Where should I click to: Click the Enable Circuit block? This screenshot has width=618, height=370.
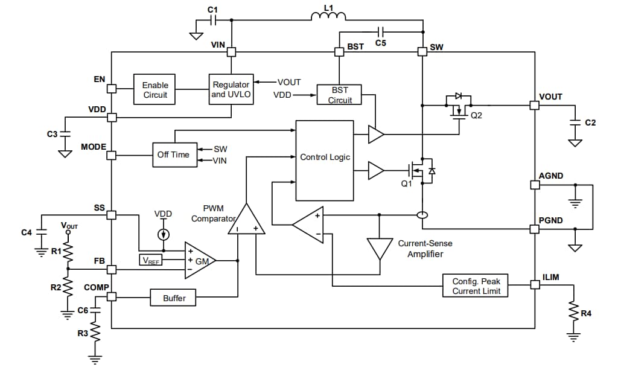[x=155, y=90]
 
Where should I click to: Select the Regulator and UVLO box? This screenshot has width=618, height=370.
[x=231, y=90]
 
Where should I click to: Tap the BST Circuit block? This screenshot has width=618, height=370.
[x=340, y=95]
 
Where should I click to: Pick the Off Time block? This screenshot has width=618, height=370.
[x=173, y=155]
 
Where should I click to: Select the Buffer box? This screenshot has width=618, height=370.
[x=174, y=298]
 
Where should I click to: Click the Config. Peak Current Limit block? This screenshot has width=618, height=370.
[x=476, y=286]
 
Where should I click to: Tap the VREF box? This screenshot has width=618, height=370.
[x=151, y=260]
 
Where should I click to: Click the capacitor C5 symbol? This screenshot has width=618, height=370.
[x=381, y=31]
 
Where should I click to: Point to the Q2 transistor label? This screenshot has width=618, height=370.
[x=476, y=116]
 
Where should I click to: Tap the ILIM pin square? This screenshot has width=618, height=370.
[x=534, y=285]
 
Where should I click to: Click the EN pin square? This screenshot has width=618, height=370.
[x=112, y=89]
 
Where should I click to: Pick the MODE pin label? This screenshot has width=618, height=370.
[x=94, y=147]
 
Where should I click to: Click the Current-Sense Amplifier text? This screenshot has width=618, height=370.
[x=425, y=249]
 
